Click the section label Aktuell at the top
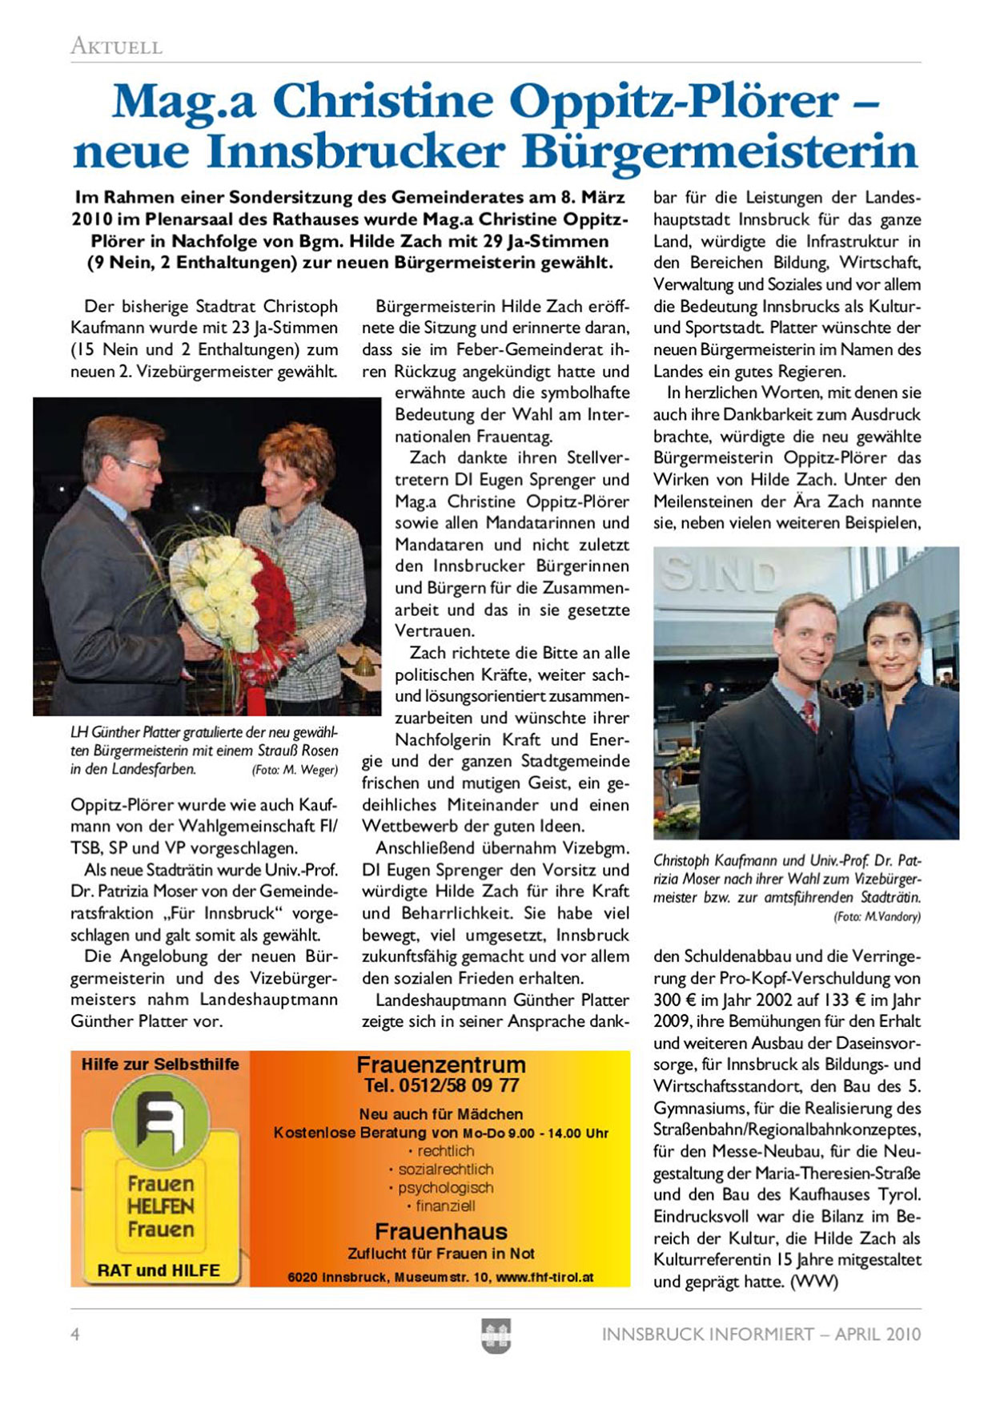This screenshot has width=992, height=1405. [x=116, y=46]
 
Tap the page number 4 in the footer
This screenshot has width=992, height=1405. [x=75, y=1335]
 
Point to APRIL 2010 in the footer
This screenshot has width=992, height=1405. [x=878, y=1335]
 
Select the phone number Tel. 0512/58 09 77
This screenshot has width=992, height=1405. [x=441, y=1086]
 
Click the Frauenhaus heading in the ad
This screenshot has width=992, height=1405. [x=441, y=1231]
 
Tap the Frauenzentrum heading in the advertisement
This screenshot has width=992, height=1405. [x=441, y=1065]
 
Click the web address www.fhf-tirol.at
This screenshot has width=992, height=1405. [x=545, y=1278]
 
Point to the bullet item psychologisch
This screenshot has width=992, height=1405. [x=446, y=1188]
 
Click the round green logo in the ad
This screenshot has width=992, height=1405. [x=159, y=1116]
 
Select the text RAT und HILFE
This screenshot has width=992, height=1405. [x=159, y=1270]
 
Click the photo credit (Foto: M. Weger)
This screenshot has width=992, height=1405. [x=295, y=770]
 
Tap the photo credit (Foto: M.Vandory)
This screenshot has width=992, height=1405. [x=877, y=916]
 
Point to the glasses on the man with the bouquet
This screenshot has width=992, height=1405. [x=141, y=464]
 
